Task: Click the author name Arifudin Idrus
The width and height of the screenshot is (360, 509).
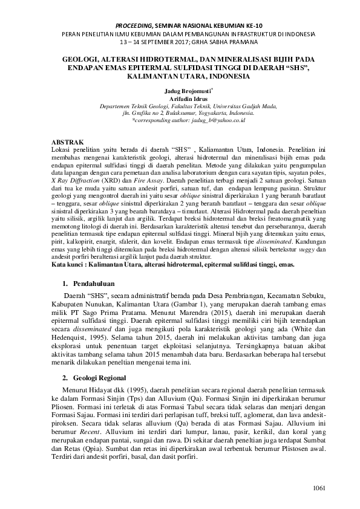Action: (x=180, y=98)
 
